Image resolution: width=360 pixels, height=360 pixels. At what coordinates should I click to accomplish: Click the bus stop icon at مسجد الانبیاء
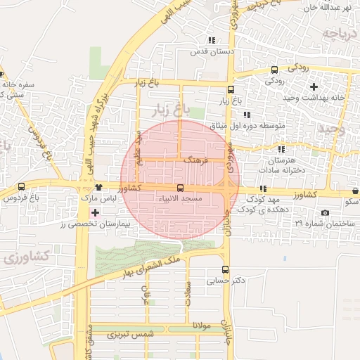coord(181,188)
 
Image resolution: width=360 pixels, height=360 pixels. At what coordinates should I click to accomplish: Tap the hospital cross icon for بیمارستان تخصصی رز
coord(95,212)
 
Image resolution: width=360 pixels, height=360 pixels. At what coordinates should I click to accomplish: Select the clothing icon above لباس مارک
coord(98,187)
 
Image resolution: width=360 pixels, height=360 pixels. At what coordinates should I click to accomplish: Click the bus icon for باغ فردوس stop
coord(21,187)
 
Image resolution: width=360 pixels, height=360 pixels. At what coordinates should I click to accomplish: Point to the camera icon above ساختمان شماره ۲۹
coord(324,212)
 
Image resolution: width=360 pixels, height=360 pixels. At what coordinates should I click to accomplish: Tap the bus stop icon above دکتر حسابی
coord(225,269)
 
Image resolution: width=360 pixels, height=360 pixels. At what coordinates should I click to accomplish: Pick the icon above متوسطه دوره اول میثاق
coord(245,115)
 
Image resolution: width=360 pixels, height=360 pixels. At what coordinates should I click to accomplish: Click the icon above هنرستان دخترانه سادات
coord(281,149)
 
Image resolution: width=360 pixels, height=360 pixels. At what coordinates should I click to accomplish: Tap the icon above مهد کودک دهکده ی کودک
coord(263,188)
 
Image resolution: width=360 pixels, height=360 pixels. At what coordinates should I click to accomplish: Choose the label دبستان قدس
coord(208,52)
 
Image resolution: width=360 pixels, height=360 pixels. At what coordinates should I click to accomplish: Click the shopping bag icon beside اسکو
coord(356,191)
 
